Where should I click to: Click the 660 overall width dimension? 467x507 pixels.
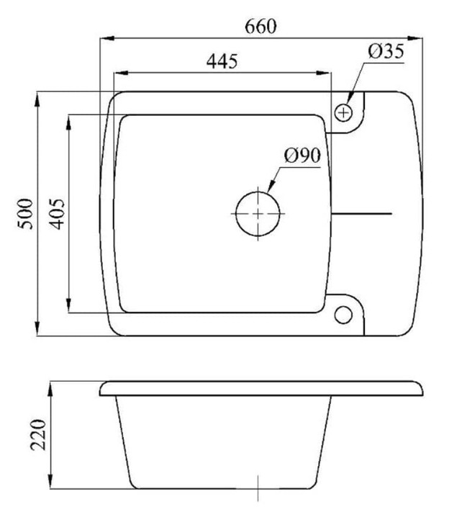260,27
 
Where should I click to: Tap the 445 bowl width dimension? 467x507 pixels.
222,61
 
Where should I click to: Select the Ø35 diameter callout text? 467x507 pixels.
386,51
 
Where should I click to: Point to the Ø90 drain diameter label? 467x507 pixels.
302,156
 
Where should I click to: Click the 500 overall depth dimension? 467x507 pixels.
25,214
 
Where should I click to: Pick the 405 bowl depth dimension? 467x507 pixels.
58,214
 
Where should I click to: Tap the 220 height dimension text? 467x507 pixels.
38,434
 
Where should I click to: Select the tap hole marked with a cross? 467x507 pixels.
343,113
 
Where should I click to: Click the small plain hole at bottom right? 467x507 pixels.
343,315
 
